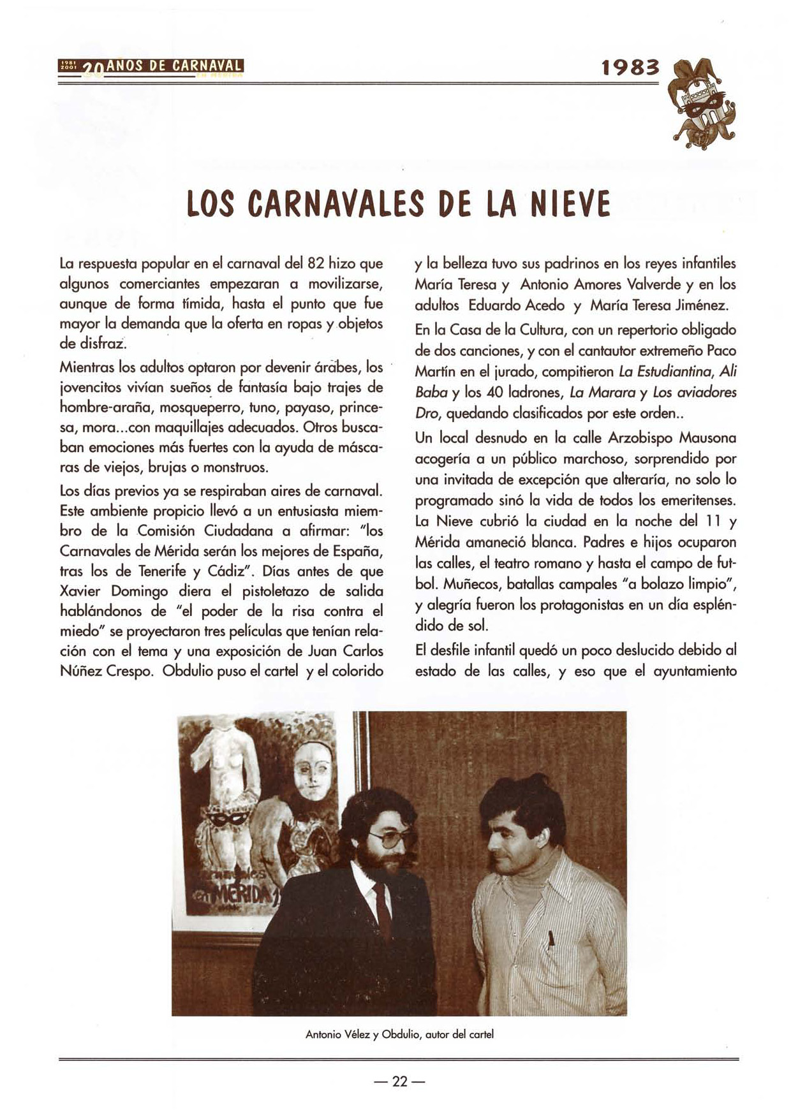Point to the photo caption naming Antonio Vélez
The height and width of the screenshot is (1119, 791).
tap(399, 1035)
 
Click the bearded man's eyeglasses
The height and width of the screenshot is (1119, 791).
tap(390, 837)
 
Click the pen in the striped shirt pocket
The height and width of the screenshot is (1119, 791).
tap(551, 939)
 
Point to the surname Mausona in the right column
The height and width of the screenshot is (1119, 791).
tap(707, 438)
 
